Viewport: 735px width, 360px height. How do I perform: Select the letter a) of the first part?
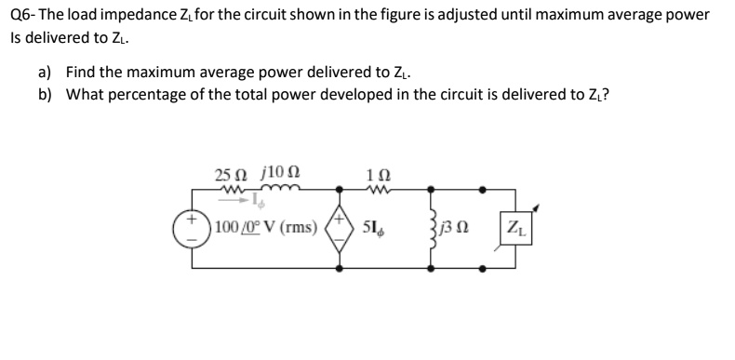click(x=46, y=71)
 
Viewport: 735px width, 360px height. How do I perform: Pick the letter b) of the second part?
click(x=46, y=93)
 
